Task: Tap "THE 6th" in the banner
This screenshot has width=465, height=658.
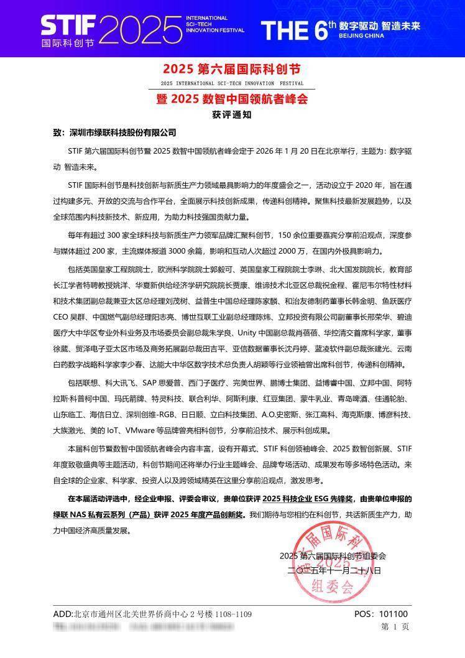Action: (x=298, y=29)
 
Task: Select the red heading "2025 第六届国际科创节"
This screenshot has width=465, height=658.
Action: (x=233, y=68)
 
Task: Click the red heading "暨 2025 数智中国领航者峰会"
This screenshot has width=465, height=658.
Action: (x=232, y=99)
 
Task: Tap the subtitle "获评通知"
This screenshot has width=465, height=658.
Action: (x=233, y=115)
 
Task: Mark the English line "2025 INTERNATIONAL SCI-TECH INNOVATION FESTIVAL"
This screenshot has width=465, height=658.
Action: (x=232, y=83)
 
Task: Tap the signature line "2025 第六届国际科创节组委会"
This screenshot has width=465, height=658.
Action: (x=333, y=555)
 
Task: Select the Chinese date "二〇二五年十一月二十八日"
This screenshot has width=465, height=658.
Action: (x=334, y=570)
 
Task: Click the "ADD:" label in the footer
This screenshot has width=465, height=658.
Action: (x=63, y=614)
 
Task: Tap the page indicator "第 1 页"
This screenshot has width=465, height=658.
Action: (x=395, y=627)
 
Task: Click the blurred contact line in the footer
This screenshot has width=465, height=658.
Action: (x=143, y=627)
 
